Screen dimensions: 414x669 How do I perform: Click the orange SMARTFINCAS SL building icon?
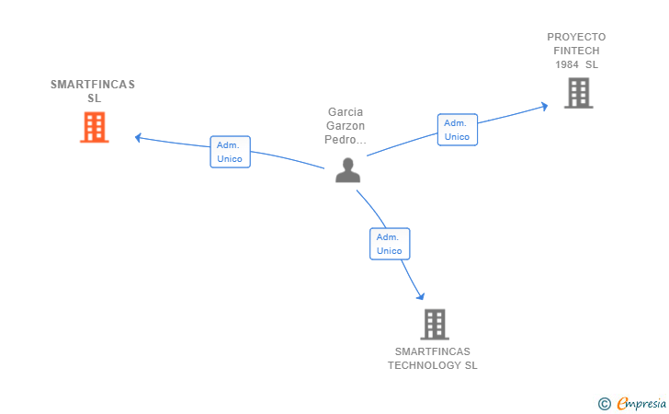[94, 128]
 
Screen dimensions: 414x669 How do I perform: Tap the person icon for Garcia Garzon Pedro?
[347, 170]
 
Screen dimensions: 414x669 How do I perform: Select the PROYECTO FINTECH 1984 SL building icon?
[578, 93]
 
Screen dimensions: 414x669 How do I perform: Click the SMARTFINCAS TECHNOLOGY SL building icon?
[434, 324]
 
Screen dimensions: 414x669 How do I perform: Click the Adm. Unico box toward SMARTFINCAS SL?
[230, 152]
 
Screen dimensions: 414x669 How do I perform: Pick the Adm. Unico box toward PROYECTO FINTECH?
[457, 130]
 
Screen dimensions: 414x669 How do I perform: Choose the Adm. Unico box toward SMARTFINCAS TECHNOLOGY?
[390, 244]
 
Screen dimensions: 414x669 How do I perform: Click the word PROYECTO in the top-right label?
[576, 37]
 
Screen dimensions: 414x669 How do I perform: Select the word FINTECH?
[576, 51]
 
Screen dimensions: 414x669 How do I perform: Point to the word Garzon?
[346, 126]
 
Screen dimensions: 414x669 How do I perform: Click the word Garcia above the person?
[346, 112]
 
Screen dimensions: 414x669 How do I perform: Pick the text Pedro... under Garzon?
[346, 140]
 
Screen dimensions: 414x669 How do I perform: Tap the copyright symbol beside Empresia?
[604, 403]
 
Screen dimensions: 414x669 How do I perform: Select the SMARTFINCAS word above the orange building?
[93, 85]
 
